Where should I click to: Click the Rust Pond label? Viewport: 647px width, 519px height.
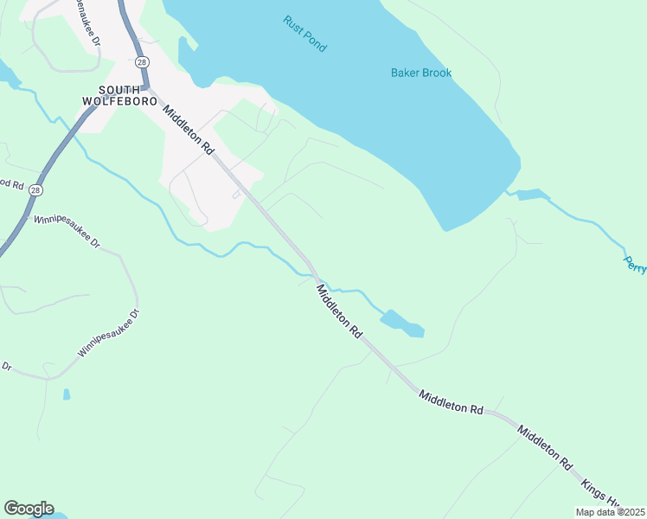[x=304, y=34]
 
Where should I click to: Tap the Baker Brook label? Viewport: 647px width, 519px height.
[x=421, y=74]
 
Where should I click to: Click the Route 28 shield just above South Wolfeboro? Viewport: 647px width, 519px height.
[x=141, y=62]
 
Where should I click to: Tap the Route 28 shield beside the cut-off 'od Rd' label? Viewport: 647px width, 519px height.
[x=35, y=189]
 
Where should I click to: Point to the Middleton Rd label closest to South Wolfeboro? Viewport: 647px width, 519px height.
[x=187, y=130]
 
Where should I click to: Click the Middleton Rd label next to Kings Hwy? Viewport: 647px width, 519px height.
[x=544, y=446]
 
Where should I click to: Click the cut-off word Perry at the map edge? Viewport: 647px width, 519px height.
[x=635, y=264]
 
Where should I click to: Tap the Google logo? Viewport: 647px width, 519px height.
[x=29, y=509]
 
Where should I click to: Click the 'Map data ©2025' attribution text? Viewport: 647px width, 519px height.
[x=610, y=512]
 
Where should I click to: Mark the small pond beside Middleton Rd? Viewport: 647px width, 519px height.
[x=402, y=323]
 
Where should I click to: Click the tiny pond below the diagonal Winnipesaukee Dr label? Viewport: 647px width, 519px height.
[x=67, y=394]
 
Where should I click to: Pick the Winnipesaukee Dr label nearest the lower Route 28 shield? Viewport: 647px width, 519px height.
[x=67, y=232]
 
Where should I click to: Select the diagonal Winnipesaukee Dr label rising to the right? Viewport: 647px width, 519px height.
[x=108, y=334]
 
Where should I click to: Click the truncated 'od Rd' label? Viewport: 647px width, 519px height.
[x=10, y=184]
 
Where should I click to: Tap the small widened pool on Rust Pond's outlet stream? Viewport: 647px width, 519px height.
[x=529, y=195]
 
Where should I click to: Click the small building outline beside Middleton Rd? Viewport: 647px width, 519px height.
[x=236, y=195]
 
